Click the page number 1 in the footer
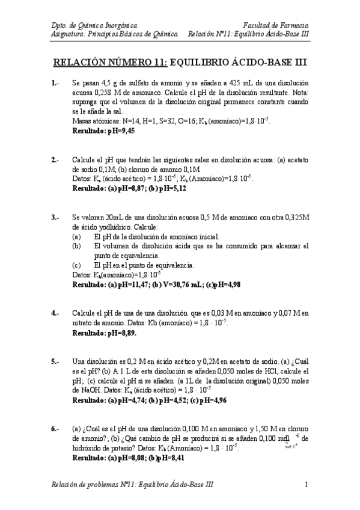tap(306, 484)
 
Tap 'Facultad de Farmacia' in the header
tap(276, 25)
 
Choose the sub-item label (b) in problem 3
tap(76, 246)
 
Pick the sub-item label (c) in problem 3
tap(76, 265)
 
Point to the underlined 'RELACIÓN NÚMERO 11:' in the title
tap(111, 61)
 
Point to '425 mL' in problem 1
tap(239, 82)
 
